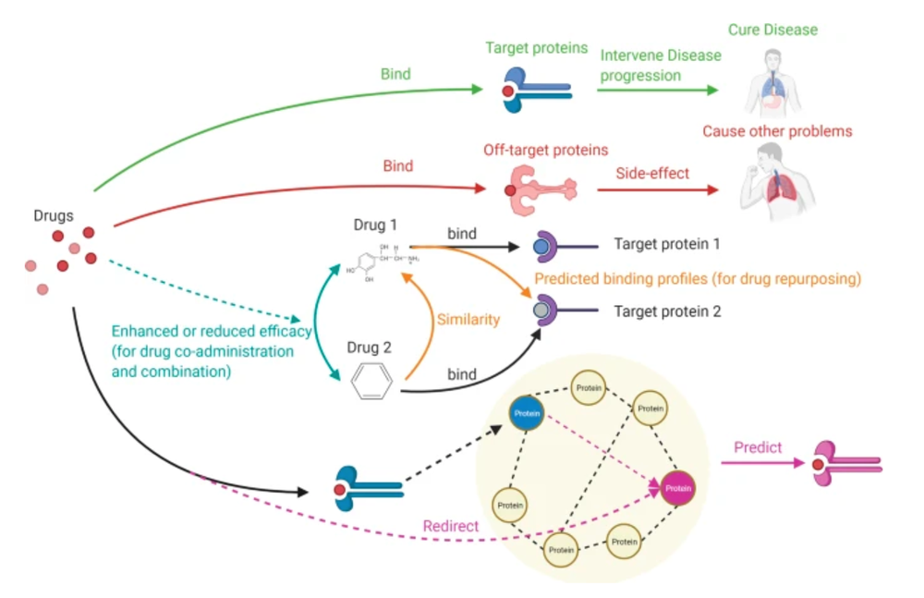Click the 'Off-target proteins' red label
(x=546, y=149)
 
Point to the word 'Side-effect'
(x=652, y=173)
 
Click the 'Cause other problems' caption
(x=777, y=131)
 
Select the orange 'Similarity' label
(x=468, y=320)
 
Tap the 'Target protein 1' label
(x=666, y=245)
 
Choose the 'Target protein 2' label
(x=666, y=311)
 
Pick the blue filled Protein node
(x=527, y=413)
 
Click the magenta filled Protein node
(x=678, y=488)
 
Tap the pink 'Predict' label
(x=758, y=447)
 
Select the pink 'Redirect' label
(x=450, y=526)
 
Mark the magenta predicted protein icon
(x=843, y=463)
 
